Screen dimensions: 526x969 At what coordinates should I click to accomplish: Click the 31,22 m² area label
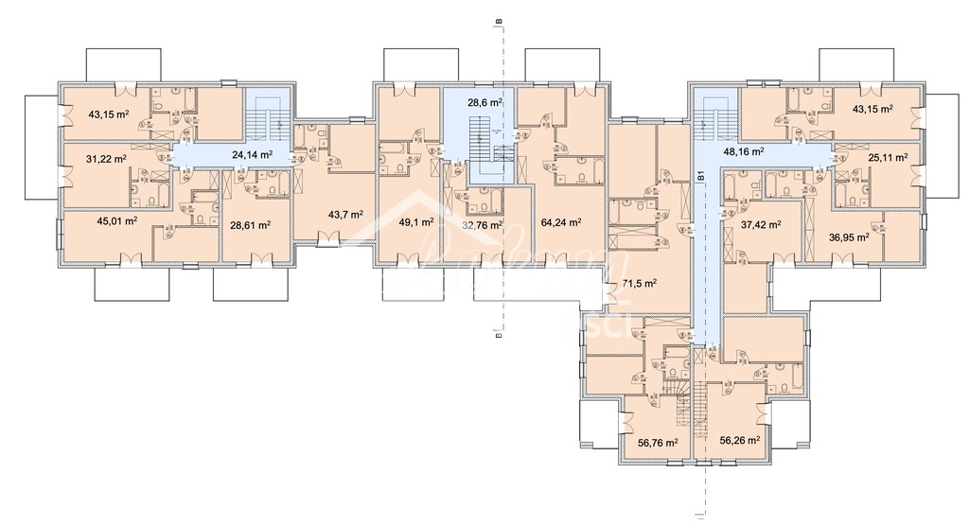[105, 159]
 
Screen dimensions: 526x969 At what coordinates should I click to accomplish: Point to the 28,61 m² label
[252, 225]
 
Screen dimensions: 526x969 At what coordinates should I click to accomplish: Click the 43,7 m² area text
[345, 215]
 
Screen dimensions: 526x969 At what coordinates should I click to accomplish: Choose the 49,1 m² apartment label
[416, 222]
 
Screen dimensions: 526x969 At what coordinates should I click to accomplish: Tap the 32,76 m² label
[481, 226]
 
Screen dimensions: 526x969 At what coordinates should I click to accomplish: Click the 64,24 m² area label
[561, 223]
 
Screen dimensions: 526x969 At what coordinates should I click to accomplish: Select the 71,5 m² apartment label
[641, 283]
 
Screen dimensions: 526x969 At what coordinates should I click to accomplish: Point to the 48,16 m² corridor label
[743, 149]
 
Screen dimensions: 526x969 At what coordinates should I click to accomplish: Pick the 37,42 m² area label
[760, 224]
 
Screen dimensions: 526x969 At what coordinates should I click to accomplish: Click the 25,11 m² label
[887, 156]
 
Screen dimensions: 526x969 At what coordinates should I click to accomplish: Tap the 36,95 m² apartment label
[849, 237]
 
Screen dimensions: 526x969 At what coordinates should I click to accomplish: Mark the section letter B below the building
[497, 333]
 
